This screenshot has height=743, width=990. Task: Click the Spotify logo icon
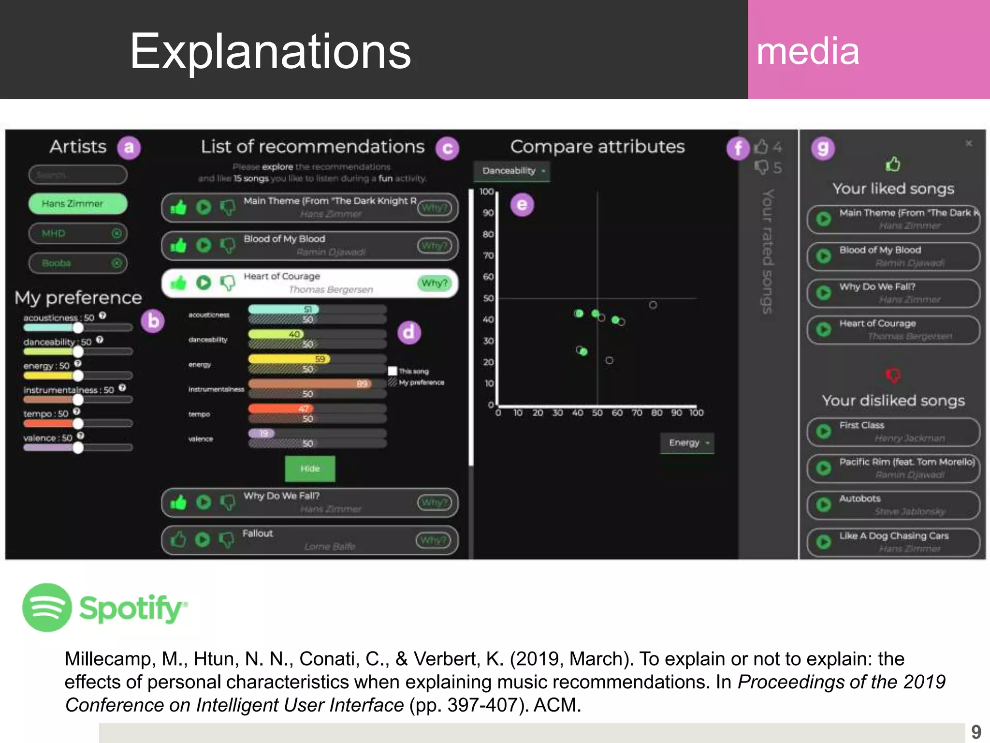click(x=47, y=608)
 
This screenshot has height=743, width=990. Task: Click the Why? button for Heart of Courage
click(x=434, y=283)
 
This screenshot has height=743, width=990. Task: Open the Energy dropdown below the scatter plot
click(x=687, y=443)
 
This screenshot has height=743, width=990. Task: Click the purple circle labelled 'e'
click(x=522, y=205)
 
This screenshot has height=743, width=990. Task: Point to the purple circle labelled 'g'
click(x=823, y=149)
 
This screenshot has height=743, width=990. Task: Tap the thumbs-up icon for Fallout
click(x=178, y=539)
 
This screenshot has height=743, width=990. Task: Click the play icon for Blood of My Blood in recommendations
click(x=204, y=246)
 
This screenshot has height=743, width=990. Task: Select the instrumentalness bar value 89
click(x=362, y=384)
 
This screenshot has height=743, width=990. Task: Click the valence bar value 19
click(x=263, y=433)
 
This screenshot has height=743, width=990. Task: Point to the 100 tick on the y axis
click(x=486, y=192)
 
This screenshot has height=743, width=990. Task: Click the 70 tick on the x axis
click(x=637, y=413)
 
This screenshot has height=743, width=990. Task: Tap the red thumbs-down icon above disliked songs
click(x=893, y=375)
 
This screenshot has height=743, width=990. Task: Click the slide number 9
click(x=976, y=731)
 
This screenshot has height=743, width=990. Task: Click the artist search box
click(x=78, y=175)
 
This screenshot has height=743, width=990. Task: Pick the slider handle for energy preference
click(x=78, y=375)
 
